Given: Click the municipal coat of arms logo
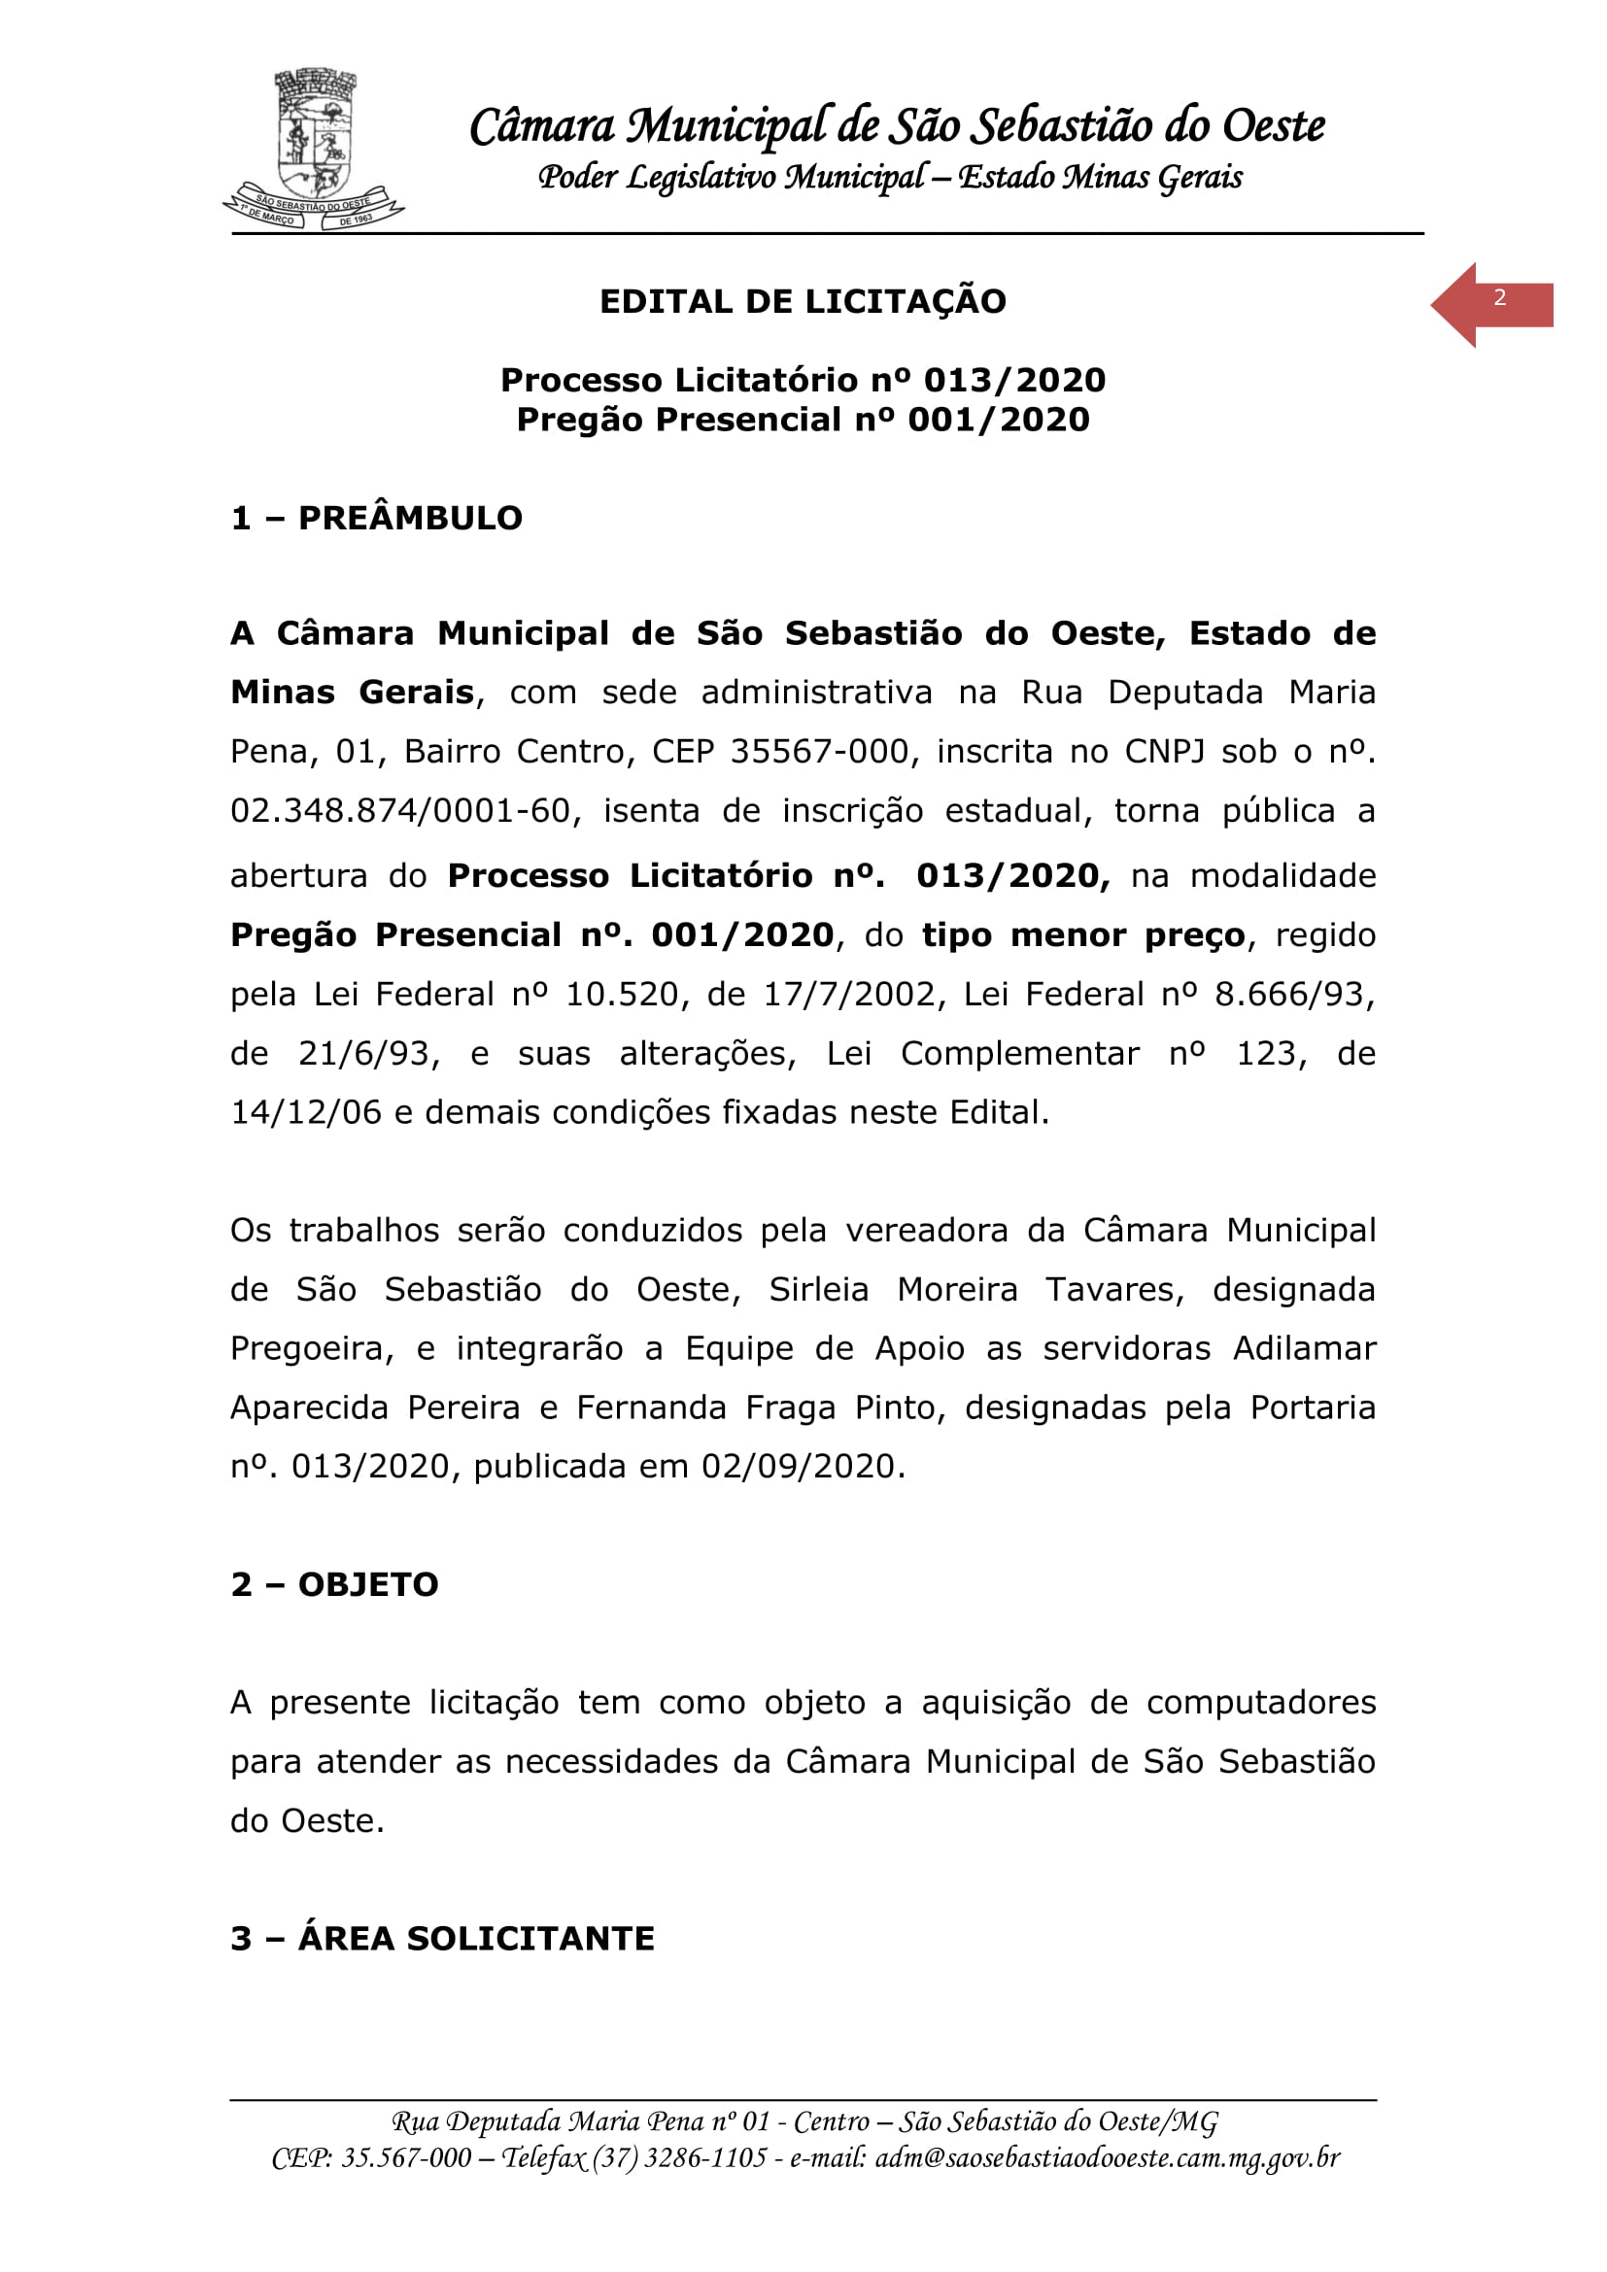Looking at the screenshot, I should pyautogui.click(x=314, y=149).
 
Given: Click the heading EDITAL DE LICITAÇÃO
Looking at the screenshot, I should pyautogui.click(x=803, y=301).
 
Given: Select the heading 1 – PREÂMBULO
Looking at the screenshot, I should pyautogui.click(x=376, y=518).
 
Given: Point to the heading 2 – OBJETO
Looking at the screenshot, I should pyautogui.click(x=334, y=1584).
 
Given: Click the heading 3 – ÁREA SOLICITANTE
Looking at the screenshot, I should pyautogui.click(x=442, y=1939).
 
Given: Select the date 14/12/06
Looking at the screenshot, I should pyautogui.click(x=306, y=1112).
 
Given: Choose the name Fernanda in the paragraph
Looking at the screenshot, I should pyautogui.click(x=651, y=1407).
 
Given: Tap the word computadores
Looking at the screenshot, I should pyautogui.click(x=1261, y=1702).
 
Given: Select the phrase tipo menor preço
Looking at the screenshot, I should pyautogui.click(x=1082, y=935).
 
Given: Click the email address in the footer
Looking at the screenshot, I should pyautogui.click(x=1108, y=2158).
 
